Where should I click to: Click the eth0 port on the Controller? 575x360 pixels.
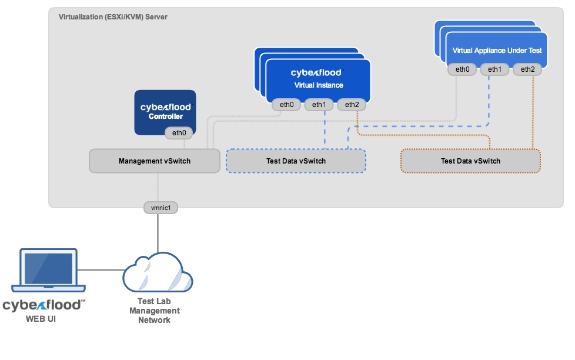point(179,133)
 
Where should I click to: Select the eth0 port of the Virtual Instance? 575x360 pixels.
point(286,105)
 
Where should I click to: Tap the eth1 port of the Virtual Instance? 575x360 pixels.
point(319,105)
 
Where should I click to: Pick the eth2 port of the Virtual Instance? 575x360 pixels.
point(352,105)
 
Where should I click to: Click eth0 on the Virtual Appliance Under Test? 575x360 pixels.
point(463,69)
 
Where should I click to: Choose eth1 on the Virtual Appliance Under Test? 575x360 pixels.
point(494,69)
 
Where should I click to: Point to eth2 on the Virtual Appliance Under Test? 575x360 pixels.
point(527,69)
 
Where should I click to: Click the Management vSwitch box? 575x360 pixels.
point(154,161)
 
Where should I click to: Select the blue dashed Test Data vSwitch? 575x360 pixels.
point(296,161)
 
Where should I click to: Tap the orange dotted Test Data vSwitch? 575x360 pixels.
point(470,161)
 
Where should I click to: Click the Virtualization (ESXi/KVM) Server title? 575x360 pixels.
point(113,17)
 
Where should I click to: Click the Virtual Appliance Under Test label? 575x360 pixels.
point(497,51)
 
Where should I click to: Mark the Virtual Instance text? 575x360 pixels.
point(319,85)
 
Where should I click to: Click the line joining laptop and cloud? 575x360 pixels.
point(101,271)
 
